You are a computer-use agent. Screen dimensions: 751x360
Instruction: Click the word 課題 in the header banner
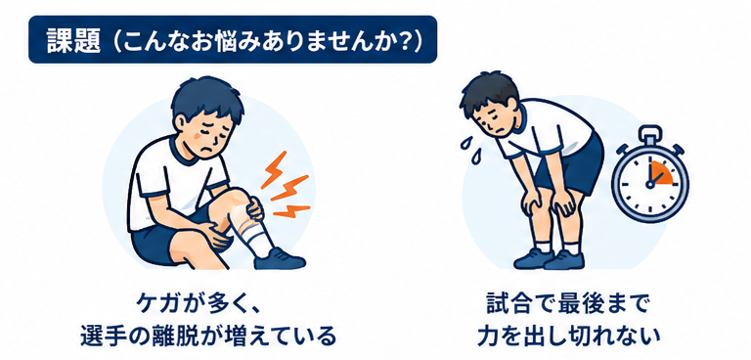73,40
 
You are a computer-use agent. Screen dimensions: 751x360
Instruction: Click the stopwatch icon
650,174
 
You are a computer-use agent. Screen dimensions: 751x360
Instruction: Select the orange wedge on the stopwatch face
660,173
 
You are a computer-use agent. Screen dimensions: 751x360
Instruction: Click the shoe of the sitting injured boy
280,259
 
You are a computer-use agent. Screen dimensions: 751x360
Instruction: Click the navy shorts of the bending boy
571,164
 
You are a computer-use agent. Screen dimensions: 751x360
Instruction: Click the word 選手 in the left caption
100,335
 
